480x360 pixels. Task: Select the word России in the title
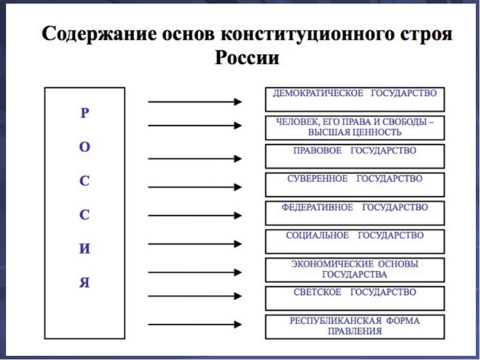tap(246, 59)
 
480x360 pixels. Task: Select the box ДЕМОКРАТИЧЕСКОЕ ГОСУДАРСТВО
tap(355, 99)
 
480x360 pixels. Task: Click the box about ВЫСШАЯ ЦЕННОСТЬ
tap(355, 127)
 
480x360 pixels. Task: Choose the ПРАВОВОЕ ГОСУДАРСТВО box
tap(355, 156)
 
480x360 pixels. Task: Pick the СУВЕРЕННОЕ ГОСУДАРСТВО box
tap(355, 184)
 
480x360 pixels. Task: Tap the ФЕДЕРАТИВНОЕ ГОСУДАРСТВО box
tap(355, 213)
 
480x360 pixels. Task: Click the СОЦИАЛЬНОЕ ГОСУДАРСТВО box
tap(355, 241)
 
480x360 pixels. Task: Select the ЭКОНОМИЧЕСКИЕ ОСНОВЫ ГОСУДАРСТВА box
tap(355, 270)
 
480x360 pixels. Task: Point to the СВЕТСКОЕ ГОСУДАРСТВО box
tap(355, 298)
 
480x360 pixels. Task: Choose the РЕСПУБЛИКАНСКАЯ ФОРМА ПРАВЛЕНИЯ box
tap(355, 326)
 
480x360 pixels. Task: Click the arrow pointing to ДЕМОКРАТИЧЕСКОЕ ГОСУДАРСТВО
tap(195, 102)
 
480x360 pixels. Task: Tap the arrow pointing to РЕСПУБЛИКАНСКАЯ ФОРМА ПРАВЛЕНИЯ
tap(195, 325)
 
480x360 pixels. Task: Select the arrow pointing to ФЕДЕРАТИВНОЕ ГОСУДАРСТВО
tap(195, 215)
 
